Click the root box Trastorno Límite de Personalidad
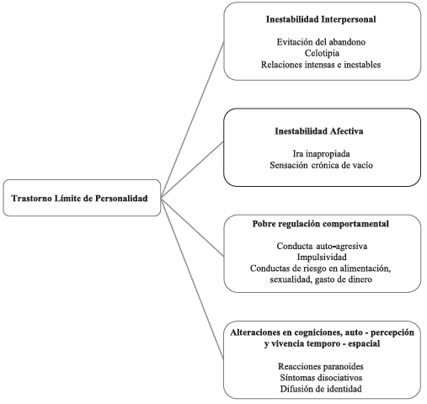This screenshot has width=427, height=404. point(82,198)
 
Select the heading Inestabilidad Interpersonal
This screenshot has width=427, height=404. point(321,19)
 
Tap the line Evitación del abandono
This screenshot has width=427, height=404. point(321,42)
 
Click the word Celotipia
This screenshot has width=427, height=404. point(322,53)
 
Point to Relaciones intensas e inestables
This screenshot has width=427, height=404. point(321,65)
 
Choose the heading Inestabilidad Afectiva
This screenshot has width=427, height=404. point(319,131)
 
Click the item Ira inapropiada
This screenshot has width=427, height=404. point(321,154)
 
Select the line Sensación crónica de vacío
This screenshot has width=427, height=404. point(321,165)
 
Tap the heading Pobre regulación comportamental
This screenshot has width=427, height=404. point(321,224)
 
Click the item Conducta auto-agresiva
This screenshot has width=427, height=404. point(322,246)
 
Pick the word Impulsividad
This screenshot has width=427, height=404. point(322,257)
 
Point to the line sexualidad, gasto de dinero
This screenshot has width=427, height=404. point(321,279)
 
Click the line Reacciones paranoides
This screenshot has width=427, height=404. point(321,366)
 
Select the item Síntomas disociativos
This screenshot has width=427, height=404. point(321,377)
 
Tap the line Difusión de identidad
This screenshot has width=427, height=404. point(321,389)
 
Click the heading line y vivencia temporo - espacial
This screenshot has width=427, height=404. point(322,343)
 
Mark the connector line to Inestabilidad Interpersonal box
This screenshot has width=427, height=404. point(193,120)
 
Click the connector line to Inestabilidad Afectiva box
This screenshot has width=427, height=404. point(192,170)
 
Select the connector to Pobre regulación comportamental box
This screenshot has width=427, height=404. point(193,226)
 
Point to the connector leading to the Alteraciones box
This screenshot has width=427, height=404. point(192,279)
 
